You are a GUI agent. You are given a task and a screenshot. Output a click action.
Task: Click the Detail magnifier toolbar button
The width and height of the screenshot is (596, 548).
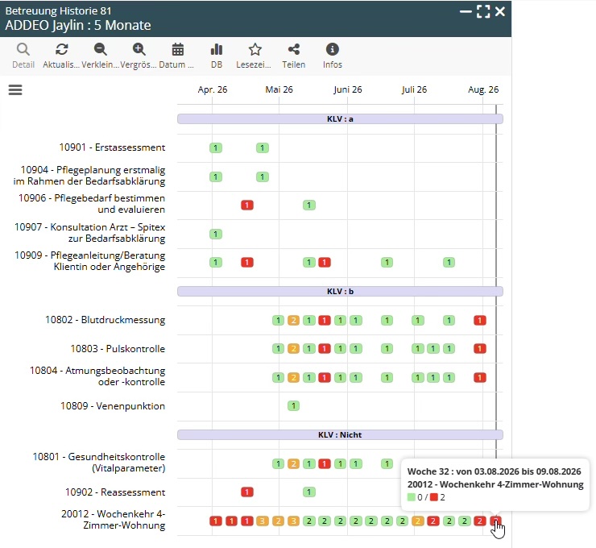tap(23, 49)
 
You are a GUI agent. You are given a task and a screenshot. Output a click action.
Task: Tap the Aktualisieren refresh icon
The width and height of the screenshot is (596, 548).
tap(61, 49)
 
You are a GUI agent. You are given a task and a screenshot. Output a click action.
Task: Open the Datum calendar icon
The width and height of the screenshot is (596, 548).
tap(177, 49)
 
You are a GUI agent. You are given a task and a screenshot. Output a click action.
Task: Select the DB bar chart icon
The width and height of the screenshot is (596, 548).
tap(217, 49)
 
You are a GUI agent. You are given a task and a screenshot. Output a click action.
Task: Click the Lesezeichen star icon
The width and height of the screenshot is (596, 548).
tap(255, 49)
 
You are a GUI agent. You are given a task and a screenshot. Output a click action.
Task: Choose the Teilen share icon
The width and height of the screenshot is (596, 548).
tap(294, 49)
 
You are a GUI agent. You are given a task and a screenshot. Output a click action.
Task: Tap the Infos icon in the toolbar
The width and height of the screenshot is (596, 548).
tap(332, 49)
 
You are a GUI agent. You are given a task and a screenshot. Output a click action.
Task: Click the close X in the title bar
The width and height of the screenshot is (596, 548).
tap(500, 12)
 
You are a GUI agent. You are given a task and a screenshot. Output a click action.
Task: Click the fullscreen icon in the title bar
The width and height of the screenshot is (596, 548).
tap(483, 12)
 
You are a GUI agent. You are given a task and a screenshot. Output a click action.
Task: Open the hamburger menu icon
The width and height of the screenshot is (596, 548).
tap(15, 89)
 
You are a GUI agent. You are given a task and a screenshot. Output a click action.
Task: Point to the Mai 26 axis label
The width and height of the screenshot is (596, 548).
tap(279, 89)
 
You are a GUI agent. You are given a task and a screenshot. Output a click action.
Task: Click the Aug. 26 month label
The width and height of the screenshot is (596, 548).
tap(483, 89)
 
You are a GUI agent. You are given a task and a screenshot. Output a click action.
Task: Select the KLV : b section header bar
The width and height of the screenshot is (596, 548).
tap(340, 291)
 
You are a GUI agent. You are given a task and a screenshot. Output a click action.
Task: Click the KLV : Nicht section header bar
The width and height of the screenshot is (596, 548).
tap(340, 434)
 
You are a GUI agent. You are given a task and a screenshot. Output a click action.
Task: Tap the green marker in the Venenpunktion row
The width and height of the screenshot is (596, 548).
tap(293, 406)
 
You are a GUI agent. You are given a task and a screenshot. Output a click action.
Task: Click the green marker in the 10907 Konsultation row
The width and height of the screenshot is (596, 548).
tap(216, 234)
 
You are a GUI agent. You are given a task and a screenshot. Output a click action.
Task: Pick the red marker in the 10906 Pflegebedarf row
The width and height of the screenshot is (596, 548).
tap(247, 205)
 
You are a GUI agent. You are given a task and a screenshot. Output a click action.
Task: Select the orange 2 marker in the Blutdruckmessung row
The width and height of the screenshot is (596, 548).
tap(293, 320)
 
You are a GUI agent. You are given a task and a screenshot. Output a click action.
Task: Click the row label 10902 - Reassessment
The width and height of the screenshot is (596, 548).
tap(115, 492)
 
